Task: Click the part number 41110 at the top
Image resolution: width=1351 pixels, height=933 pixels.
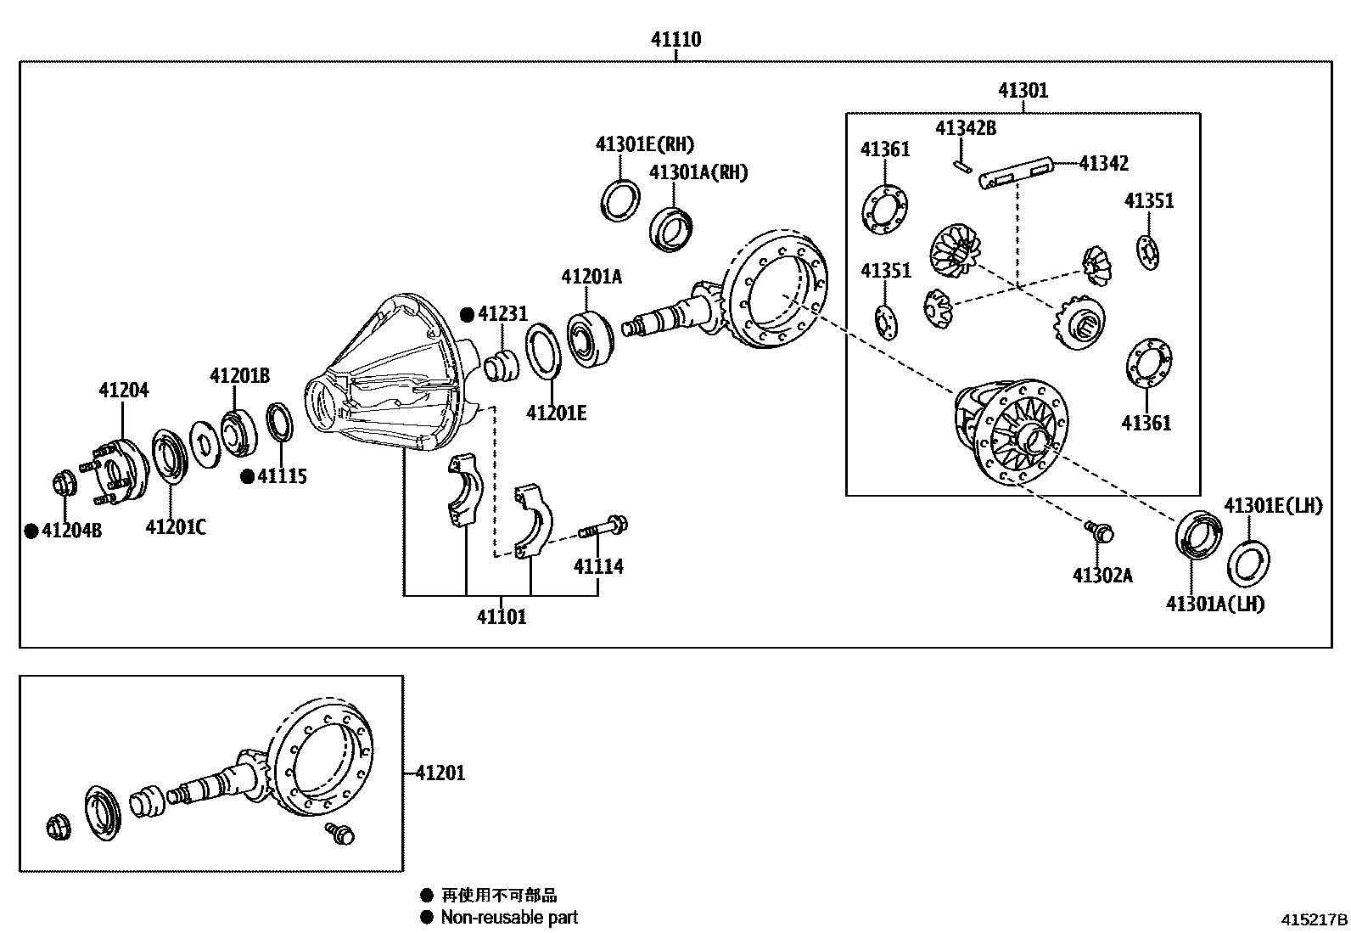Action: (x=675, y=39)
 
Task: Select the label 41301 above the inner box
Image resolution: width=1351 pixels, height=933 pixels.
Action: (x=1023, y=90)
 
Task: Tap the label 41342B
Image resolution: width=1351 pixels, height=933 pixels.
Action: (x=966, y=128)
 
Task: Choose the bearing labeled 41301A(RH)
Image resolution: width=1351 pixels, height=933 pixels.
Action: (x=672, y=228)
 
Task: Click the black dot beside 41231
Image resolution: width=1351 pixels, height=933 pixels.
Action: (x=467, y=314)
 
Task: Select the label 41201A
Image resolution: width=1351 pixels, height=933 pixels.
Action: (x=591, y=277)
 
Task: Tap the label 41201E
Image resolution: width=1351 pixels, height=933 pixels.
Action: (x=556, y=413)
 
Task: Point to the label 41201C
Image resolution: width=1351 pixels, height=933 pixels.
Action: (x=176, y=527)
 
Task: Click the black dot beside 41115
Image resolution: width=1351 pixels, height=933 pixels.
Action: (x=247, y=477)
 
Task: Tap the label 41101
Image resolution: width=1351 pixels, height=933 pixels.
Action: (x=501, y=617)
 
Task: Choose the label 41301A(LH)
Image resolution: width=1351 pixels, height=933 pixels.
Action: (x=1214, y=604)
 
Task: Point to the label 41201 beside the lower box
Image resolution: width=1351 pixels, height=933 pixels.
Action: (x=440, y=773)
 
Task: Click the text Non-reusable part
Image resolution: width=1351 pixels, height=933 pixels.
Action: (x=509, y=917)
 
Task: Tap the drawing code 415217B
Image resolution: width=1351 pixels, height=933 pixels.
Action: (x=1314, y=919)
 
